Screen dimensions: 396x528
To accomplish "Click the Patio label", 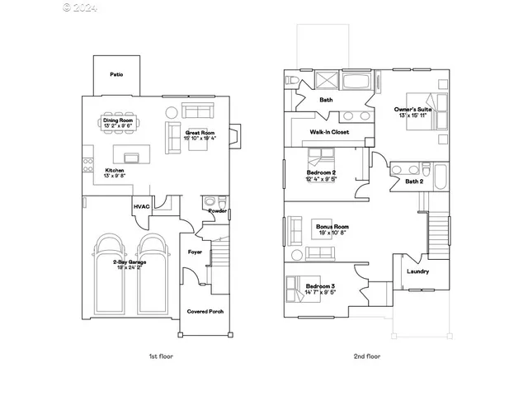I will [117, 74].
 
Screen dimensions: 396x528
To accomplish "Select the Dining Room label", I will [118, 121].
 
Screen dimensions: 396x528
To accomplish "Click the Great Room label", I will [200, 132].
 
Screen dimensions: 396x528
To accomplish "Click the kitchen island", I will [129, 157].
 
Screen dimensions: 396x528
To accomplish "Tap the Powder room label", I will [218, 210].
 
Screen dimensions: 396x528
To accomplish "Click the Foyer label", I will [196, 252].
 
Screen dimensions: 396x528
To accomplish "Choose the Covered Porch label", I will [205, 311].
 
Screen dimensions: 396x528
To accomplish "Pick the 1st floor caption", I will [160, 356].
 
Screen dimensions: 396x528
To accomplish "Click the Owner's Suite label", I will [412, 109].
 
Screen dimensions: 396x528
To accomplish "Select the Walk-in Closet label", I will [329, 132].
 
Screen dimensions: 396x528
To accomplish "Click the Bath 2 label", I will [414, 181].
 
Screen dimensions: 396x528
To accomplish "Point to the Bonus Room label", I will [332, 226].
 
